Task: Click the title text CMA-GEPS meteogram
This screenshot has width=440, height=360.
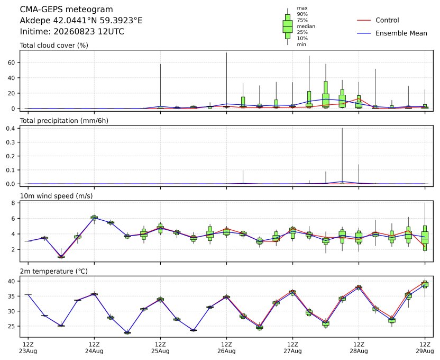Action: [x=67, y=10]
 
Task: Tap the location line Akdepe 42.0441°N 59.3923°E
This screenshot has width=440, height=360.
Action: [x=81, y=21]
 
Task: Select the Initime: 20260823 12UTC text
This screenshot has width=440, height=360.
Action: [x=72, y=31]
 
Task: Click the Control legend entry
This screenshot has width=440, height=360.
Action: [x=378, y=20]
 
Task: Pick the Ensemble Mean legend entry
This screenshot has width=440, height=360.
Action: [x=392, y=33]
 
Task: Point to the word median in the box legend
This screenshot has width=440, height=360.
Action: [x=306, y=26]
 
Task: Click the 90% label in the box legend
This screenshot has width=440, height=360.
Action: [x=302, y=14]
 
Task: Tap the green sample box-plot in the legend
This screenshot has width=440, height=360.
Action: [x=288, y=26]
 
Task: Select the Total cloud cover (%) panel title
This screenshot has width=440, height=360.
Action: [x=54, y=46]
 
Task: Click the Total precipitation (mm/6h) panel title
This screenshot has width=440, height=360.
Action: [x=64, y=121]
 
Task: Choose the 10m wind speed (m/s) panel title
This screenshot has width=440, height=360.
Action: [x=56, y=196]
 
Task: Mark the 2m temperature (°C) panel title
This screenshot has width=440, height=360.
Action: [x=53, y=271]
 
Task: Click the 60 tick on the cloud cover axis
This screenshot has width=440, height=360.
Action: [x=11, y=62]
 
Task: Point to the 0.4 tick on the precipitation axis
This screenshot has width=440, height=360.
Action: [x=10, y=128]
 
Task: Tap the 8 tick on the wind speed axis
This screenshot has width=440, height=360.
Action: [x=13, y=203]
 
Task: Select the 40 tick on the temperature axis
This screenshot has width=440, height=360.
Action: [x=11, y=281]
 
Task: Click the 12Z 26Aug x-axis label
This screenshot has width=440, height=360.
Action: [x=226, y=348]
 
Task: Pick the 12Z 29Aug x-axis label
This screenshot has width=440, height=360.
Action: [x=425, y=348]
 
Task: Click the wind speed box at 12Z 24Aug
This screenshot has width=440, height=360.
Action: [x=94, y=218]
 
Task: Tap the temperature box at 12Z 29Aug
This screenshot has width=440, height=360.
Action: [x=425, y=284]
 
